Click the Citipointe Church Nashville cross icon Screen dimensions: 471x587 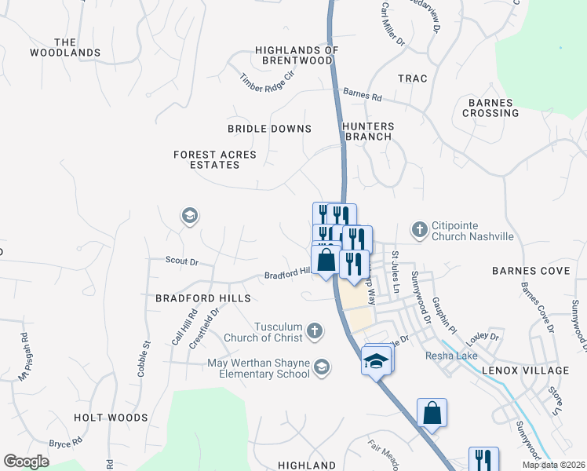tap(420, 228)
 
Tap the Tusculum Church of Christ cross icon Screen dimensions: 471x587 tap(315, 330)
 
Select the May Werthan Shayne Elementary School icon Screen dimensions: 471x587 tap(321, 367)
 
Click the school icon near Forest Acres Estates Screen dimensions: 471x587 tap(188, 215)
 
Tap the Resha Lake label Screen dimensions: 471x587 tap(447, 356)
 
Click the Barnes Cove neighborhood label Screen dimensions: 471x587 tap(531, 271)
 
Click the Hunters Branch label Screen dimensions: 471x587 tap(368, 131)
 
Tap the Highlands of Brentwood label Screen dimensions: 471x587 tap(297, 55)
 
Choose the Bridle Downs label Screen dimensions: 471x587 tap(269, 129)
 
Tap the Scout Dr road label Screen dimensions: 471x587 tap(182, 260)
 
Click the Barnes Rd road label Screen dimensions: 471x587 tap(362, 96)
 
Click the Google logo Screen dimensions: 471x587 tap(26, 462)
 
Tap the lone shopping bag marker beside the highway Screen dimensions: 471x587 tap(432, 412)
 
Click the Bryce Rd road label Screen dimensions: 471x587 tap(60, 444)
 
